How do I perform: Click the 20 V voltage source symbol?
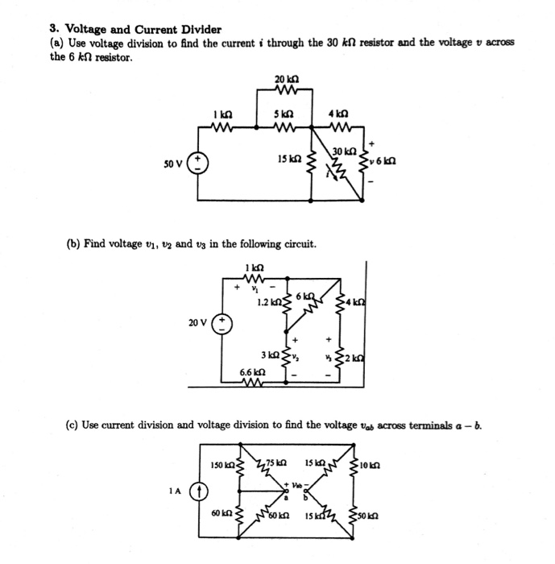(222, 324)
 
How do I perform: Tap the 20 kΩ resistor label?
(287, 78)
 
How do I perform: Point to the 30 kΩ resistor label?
(344, 151)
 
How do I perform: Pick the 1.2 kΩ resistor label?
(267, 303)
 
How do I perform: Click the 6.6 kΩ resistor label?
(252, 372)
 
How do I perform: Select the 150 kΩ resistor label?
(222, 465)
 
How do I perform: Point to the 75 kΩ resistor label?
(276, 462)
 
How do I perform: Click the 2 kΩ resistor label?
(355, 356)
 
